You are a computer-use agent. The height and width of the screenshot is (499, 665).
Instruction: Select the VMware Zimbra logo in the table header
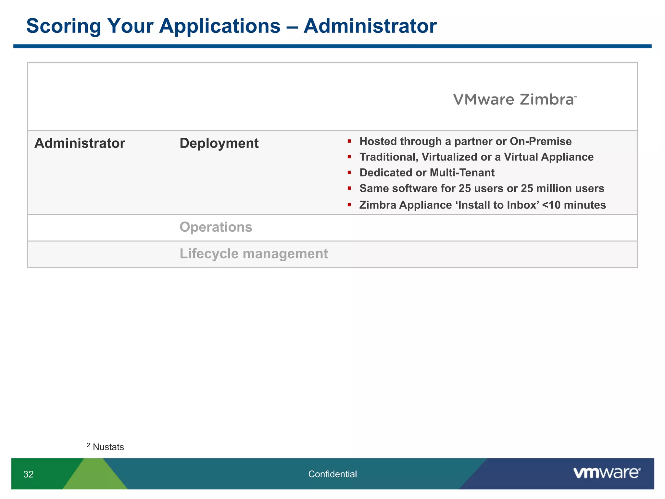tap(514, 99)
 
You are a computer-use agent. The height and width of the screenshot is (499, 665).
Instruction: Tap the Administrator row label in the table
tap(80, 143)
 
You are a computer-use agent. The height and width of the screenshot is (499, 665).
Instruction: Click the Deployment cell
tap(219, 143)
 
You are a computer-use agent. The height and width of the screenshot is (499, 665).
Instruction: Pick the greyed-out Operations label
tap(216, 227)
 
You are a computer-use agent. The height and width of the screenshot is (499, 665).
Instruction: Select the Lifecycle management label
tap(254, 254)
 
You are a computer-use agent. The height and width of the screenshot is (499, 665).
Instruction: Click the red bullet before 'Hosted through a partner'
tap(349, 141)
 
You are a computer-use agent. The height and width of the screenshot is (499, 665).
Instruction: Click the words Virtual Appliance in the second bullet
tap(548, 157)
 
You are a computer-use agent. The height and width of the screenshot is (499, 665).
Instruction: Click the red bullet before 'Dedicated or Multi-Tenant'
tap(349, 173)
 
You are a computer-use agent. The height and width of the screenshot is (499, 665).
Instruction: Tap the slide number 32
tap(29, 474)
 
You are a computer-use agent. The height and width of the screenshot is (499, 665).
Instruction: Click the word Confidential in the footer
tap(332, 474)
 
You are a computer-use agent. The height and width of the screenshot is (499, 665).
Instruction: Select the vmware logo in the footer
tap(607, 473)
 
